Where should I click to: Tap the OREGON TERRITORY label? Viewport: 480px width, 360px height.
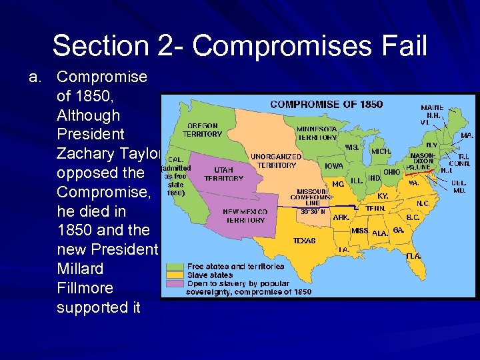(203, 129)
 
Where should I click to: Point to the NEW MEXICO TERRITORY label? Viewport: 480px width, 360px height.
(245, 215)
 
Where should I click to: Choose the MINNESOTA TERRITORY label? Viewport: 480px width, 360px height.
(317, 133)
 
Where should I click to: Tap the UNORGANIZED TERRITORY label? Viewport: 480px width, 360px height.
(276, 161)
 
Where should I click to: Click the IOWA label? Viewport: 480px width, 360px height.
(334, 166)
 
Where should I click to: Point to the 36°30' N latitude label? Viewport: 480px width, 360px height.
(313, 212)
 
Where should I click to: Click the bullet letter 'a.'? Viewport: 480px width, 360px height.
(36, 77)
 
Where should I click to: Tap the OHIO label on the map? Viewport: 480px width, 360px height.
(392, 171)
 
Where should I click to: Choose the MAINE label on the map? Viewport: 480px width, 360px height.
(432, 107)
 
